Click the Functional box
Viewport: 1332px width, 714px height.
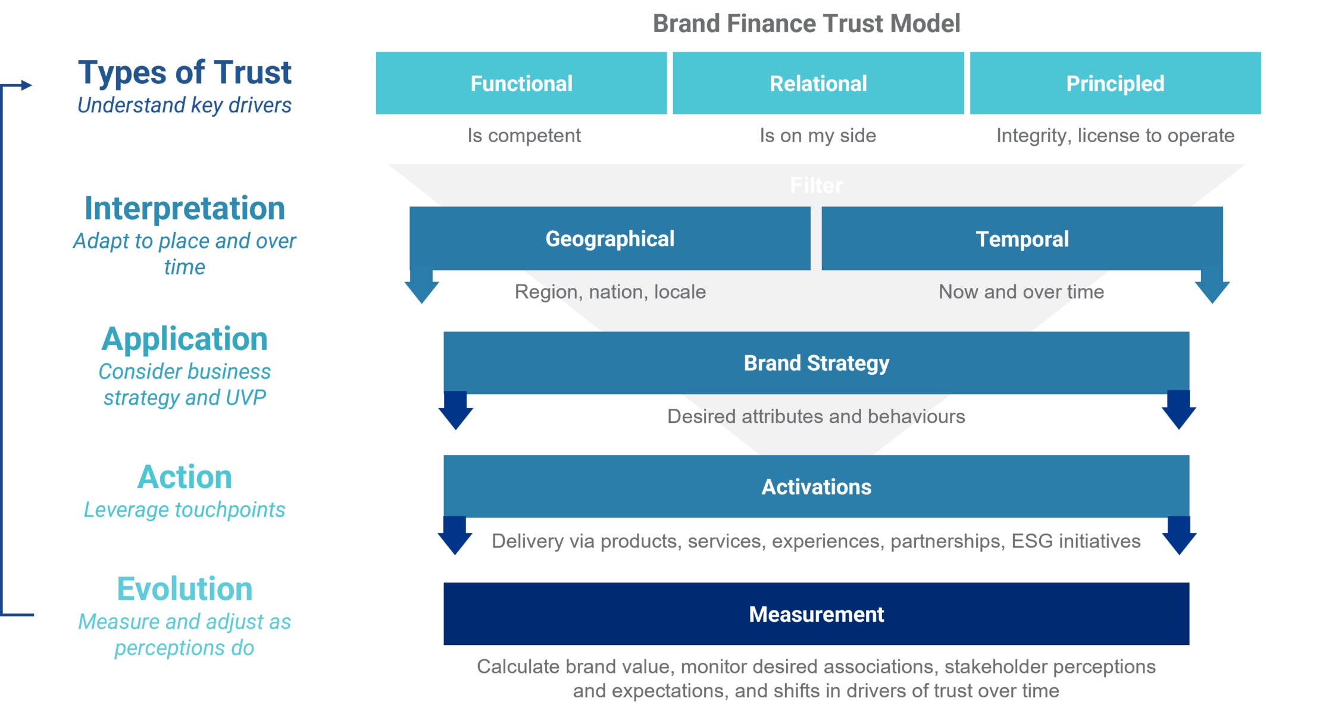[x=521, y=83]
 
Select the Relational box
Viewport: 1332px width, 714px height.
[x=818, y=83]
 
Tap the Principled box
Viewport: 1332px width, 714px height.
[x=1115, y=83]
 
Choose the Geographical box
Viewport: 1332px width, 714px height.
[x=610, y=239]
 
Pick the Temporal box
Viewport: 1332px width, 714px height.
[x=1022, y=239]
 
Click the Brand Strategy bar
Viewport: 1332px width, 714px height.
[x=817, y=363]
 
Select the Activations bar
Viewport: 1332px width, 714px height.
[x=817, y=487]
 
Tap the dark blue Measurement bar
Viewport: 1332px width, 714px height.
[x=817, y=614]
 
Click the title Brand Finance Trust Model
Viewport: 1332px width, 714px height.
[x=806, y=24]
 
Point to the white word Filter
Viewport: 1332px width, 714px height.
[x=817, y=186]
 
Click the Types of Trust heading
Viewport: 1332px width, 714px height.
[x=185, y=73]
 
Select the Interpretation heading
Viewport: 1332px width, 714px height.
[x=185, y=209]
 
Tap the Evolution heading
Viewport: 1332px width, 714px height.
[x=185, y=590]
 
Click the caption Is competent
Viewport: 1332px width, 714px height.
[x=524, y=136]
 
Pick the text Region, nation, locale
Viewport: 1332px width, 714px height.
[x=610, y=292]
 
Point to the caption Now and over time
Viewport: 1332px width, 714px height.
[x=1021, y=292]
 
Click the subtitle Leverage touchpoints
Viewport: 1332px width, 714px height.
[x=185, y=510]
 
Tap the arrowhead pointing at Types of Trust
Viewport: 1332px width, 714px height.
[x=27, y=85]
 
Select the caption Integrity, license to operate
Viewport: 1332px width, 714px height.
[x=1115, y=136]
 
